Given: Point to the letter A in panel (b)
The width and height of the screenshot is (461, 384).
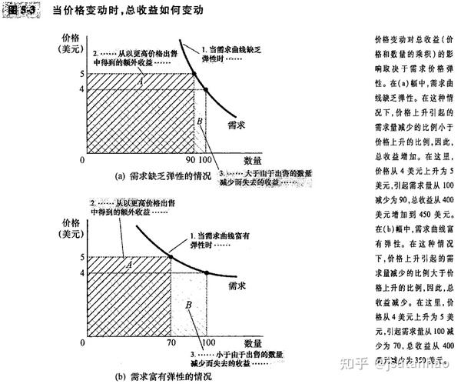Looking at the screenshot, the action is pyautogui.click(x=129, y=265).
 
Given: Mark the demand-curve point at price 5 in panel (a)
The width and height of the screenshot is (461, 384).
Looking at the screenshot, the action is pyautogui.click(x=194, y=74).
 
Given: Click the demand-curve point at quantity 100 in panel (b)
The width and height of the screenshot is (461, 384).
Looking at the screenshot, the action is pyautogui.click(x=205, y=272).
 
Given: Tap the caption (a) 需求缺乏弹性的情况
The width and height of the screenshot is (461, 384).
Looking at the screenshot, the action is pyautogui.click(x=161, y=175).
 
